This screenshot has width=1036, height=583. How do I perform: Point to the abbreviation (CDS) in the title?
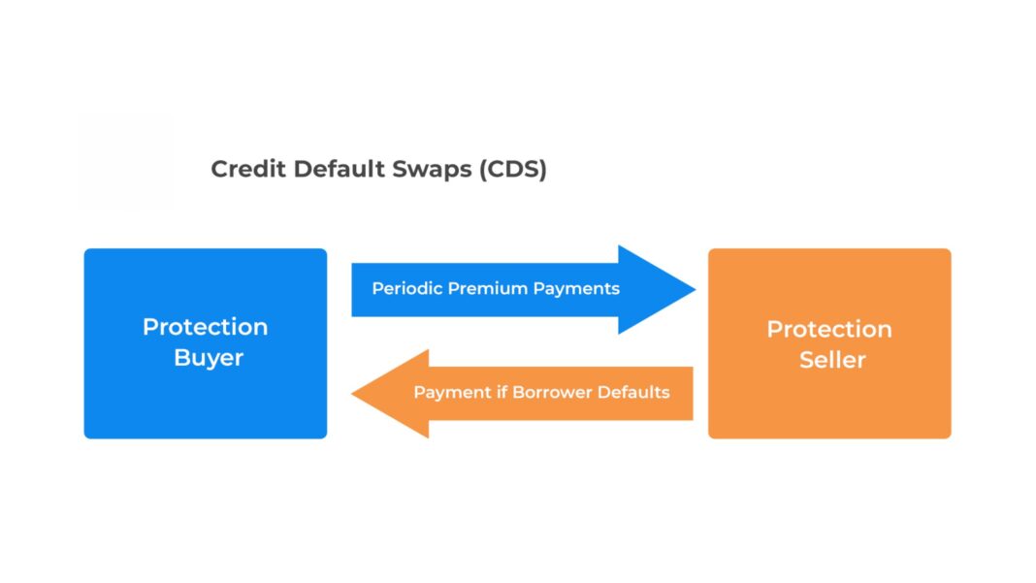[x=511, y=169]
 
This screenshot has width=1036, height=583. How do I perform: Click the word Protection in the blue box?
[x=205, y=327]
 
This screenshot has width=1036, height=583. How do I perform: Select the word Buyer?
[x=209, y=358]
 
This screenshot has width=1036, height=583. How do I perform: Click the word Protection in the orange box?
[x=828, y=329]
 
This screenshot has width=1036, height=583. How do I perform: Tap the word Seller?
[x=832, y=360]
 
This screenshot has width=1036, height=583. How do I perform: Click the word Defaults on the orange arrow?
[x=633, y=393]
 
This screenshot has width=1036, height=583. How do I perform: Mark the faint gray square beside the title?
[x=125, y=162]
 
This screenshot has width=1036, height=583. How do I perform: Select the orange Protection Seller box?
[x=828, y=407]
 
